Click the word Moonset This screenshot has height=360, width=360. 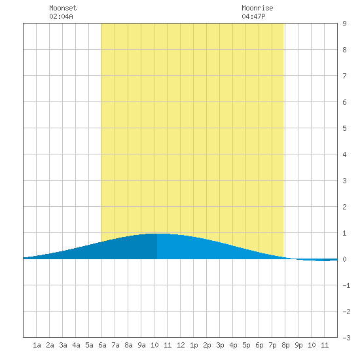tap(63, 8)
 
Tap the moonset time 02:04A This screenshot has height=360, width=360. tap(61, 16)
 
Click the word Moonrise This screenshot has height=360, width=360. tap(257, 8)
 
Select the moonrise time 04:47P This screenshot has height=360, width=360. tap(253, 16)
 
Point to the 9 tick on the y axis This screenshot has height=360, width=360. tap(344, 24)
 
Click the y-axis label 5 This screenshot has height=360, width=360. tap(344, 128)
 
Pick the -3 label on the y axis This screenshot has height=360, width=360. tap(346, 338)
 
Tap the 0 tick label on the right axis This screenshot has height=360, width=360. tap(344, 259)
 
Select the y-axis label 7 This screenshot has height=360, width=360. tap(344, 76)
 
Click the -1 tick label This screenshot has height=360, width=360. tap(346, 285)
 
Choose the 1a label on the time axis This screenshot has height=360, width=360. tap(37, 345)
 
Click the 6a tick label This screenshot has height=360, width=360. tap(102, 345)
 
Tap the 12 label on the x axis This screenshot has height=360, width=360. tap(181, 345)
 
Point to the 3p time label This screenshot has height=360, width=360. tap(220, 345)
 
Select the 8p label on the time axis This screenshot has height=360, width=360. tap(285, 345)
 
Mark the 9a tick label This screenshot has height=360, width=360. tap(141, 345)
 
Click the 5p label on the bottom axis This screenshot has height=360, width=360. tap(246, 345)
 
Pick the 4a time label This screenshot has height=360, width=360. tap(76, 345)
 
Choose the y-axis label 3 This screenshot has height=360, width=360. tap(344, 181)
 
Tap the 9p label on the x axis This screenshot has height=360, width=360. tap(298, 345)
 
